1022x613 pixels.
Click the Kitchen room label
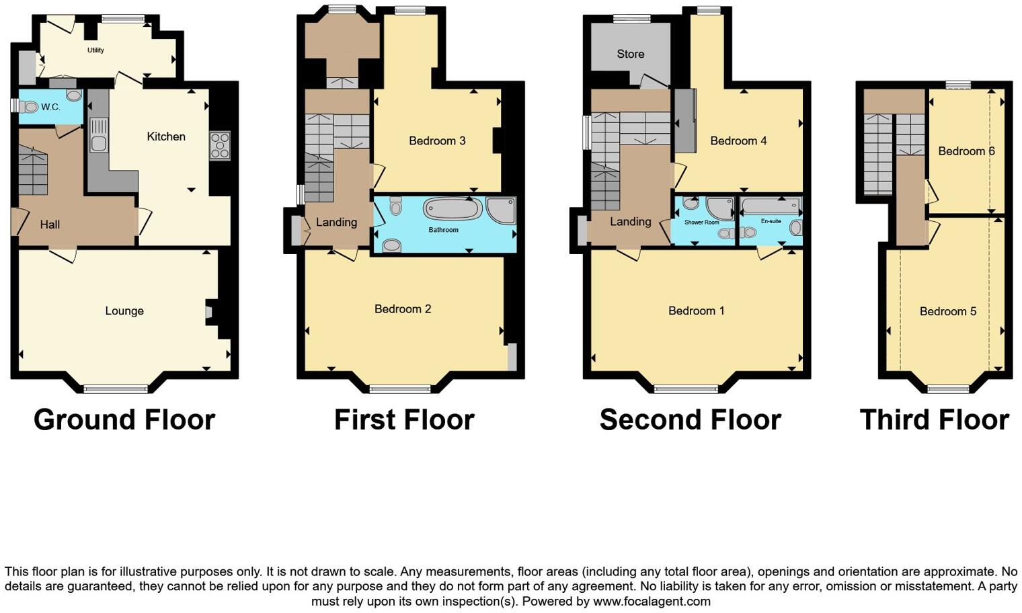point(166,136)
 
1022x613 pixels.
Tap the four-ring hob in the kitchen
point(220,145)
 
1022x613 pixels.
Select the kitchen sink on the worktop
point(98,135)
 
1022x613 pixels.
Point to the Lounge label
point(124,311)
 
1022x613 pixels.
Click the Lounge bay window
point(116,389)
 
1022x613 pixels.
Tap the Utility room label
point(95,50)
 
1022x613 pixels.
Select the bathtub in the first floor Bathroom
point(453,208)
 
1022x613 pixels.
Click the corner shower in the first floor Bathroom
point(502,210)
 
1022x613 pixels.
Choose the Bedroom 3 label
point(437,140)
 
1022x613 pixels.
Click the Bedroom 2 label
point(403,309)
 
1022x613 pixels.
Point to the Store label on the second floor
point(631,54)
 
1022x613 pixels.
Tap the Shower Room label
point(701,222)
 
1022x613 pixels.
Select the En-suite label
point(771,221)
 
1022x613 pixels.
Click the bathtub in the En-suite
point(771,206)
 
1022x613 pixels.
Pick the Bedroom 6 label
point(966,151)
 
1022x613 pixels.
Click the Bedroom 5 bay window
point(948,389)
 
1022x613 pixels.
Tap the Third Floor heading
point(934,419)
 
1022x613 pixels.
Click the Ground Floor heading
point(124,419)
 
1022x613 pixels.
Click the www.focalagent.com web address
point(652,602)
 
